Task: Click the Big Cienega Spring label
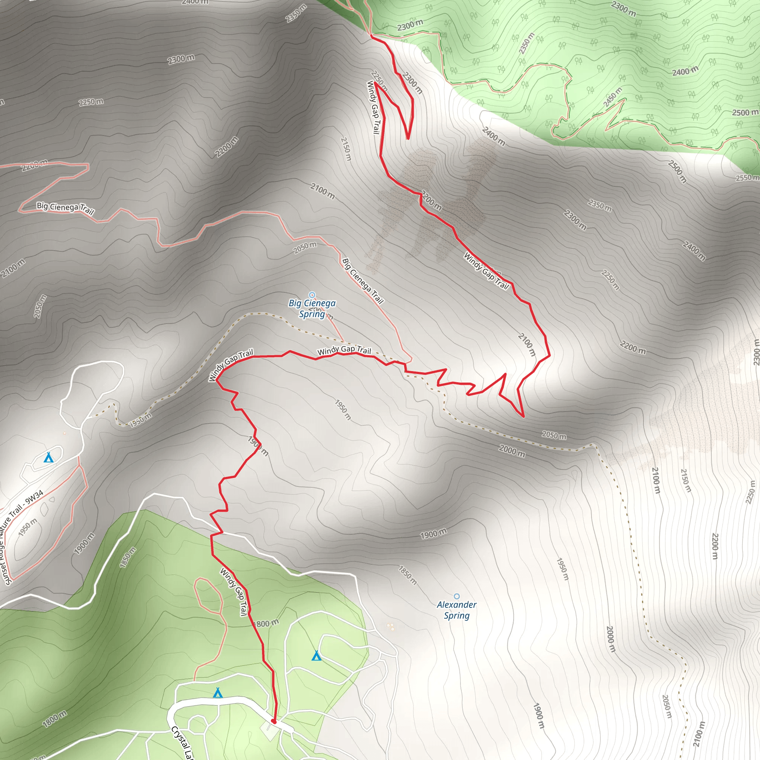(312, 308)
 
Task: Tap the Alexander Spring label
(456, 610)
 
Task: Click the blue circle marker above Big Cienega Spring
(312, 295)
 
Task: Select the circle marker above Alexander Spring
(456, 596)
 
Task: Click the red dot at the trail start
(274, 721)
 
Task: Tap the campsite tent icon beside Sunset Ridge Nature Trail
(48, 458)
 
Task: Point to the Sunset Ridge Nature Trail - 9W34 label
(22, 537)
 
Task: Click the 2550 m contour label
(747, 177)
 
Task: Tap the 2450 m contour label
(613, 97)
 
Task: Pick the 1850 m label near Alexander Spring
(407, 575)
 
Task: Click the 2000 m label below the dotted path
(512, 451)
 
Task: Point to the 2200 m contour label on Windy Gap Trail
(432, 200)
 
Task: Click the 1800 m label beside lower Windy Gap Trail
(267, 623)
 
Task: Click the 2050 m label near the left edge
(40, 307)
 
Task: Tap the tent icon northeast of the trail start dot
(316, 656)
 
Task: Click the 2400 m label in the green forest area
(685, 71)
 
